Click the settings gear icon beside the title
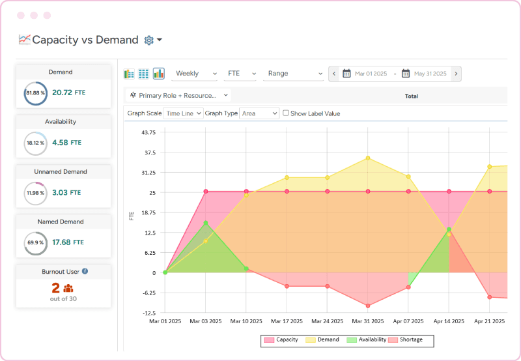149,40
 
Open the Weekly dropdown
194,74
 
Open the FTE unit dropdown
241,74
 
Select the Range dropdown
294,74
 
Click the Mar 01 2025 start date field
369,74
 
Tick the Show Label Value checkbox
286,113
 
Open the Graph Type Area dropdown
259,113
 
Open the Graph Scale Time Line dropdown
183,113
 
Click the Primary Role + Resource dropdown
178,95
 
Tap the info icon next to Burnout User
85,271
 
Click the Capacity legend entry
281,339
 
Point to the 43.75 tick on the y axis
147,132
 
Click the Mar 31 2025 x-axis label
368,321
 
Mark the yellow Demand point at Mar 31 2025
368,158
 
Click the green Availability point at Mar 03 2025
206,223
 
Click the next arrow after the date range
456,74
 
